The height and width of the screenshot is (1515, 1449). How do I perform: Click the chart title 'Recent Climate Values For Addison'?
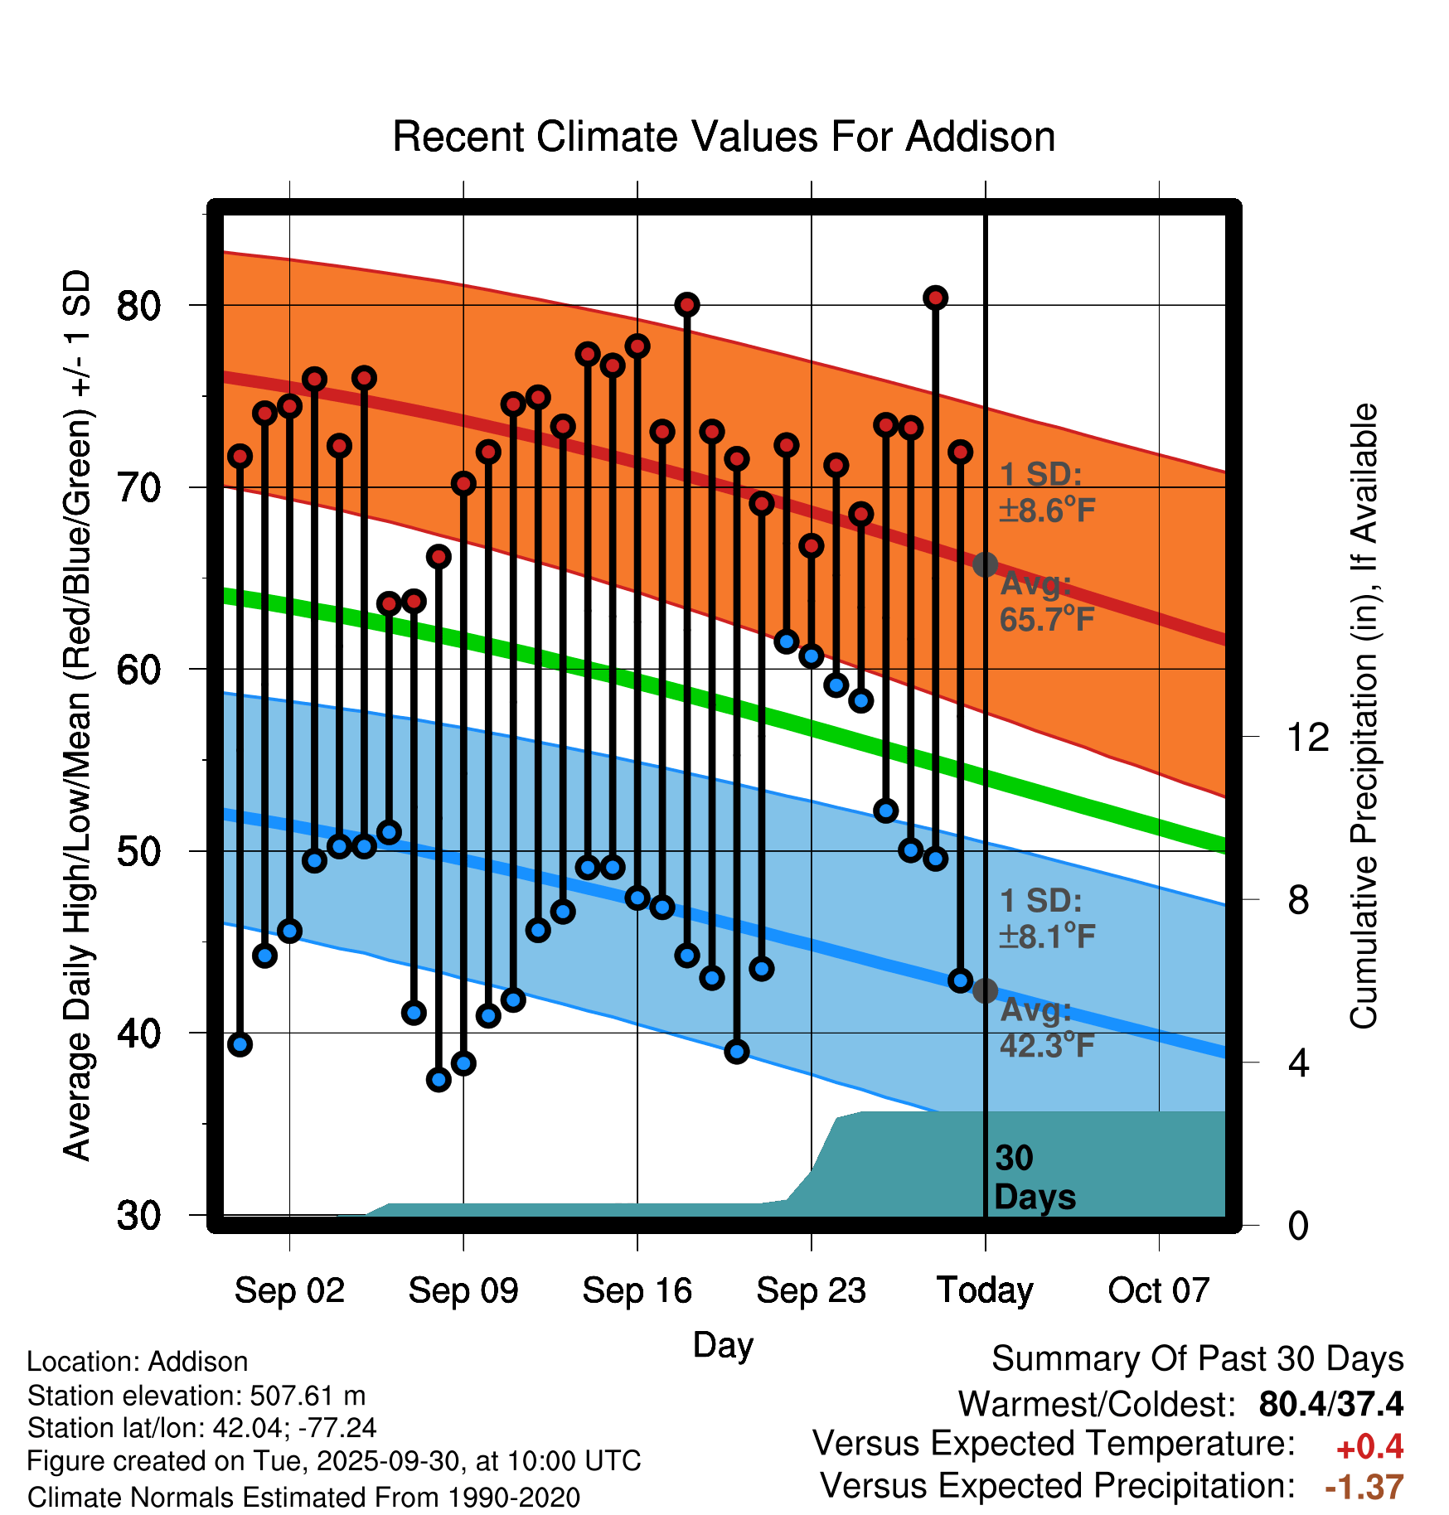(724, 138)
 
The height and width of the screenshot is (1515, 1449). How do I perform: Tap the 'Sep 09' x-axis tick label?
(463, 1290)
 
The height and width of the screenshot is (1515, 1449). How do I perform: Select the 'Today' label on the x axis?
(985, 1290)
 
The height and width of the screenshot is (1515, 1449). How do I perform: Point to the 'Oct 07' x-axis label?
(1159, 1290)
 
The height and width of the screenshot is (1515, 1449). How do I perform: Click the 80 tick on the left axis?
(138, 306)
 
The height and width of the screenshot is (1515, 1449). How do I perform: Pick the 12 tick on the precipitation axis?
(1307, 737)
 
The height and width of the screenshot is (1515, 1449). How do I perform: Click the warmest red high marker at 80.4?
(936, 298)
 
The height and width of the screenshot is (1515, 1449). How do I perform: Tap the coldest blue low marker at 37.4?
(439, 1079)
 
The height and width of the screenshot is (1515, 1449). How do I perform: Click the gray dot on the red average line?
(985, 565)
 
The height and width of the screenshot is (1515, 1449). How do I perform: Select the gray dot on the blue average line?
(985, 990)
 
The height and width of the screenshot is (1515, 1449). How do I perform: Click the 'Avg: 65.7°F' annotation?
(1046, 602)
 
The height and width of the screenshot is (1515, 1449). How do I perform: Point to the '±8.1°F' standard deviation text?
(1047, 937)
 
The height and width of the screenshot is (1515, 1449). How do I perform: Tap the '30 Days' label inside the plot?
(1034, 1178)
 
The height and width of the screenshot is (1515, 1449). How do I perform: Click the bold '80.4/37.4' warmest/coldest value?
(1330, 1404)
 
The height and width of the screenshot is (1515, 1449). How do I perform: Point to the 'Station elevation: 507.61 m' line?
(196, 1396)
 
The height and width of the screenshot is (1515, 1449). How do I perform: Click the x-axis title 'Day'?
(723, 1345)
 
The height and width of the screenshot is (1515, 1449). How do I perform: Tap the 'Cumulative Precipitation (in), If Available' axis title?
(1364, 716)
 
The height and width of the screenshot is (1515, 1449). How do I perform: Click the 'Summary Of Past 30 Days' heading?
(1197, 1359)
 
